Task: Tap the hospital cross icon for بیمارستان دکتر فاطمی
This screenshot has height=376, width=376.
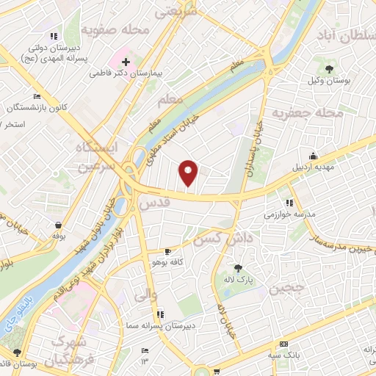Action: tap(126, 62)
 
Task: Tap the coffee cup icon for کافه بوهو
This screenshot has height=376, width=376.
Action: tap(168, 252)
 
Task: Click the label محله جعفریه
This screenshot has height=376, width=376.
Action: tap(308, 113)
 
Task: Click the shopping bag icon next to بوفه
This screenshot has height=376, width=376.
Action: tap(58, 225)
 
